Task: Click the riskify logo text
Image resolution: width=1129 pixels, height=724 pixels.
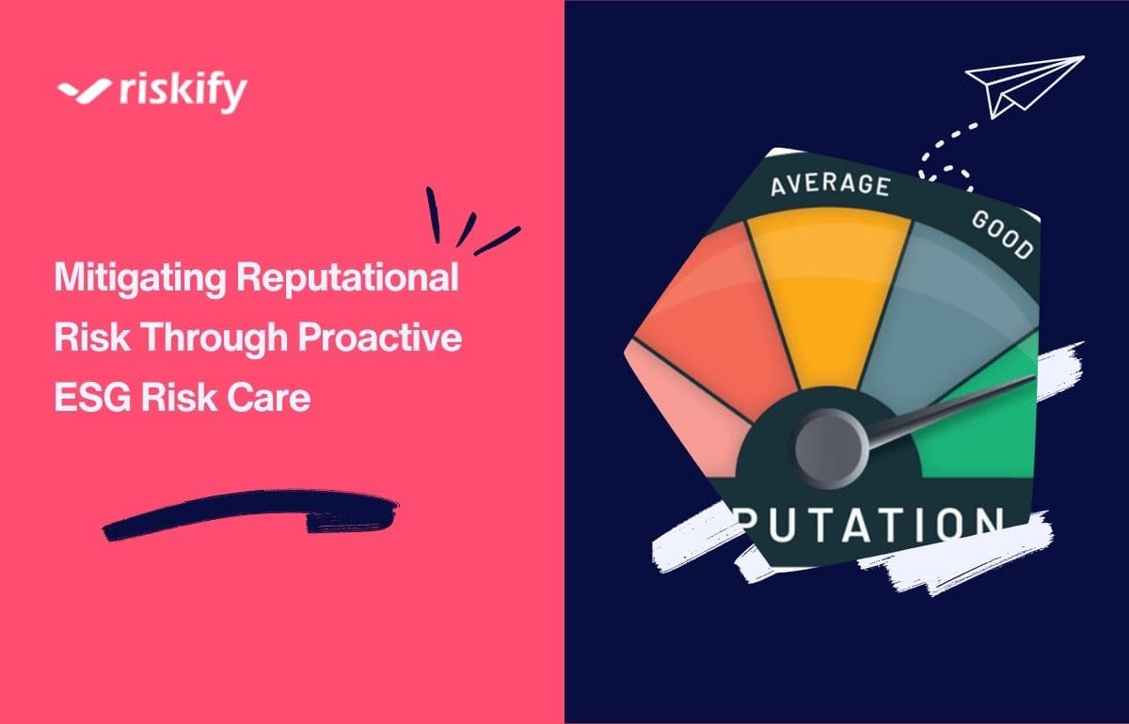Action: pyautogui.click(x=183, y=92)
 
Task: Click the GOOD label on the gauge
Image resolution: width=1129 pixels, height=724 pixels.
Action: pyautogui.click(x=1003, y=234)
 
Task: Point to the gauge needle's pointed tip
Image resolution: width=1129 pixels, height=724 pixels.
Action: pyautogui.click(x=1031, y=379)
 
